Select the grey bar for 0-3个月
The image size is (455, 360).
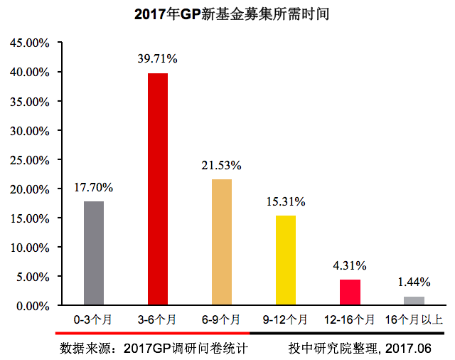coord(94,253)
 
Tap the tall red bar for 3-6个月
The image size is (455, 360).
coord(158,189)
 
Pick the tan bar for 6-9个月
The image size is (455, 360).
coord(222,242)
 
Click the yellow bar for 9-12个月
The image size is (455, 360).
coord(286,260)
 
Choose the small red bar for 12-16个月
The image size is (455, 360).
coord(350,292)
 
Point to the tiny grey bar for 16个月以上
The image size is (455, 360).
coord(414,301)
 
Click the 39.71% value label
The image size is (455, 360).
coord(158,58)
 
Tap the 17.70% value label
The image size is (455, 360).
coord(94,188)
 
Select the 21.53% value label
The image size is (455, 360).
coord(222,165)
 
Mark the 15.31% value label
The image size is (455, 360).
coord(286,202)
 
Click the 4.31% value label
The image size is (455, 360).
coord(350,266)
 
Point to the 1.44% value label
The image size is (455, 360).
coord(414,283)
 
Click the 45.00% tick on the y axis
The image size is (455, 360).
coord(29,43)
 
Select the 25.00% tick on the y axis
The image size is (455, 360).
coord(29,160)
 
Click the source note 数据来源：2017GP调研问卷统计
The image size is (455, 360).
coord(154,349)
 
